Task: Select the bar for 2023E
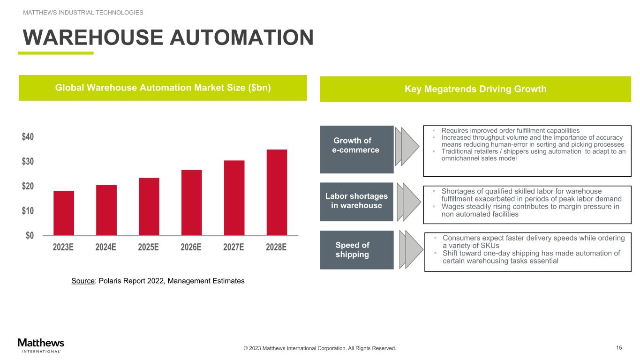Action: click(64, 213)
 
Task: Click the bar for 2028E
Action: click(277, 192)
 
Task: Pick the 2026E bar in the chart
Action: click(191, 202)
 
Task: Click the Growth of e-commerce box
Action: click(356, 150)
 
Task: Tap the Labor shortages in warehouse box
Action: click(356, 202)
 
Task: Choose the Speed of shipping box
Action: click(356, 250)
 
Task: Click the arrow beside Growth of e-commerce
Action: click(407, 146)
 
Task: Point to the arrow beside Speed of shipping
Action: click(411, 250)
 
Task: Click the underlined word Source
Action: click(83, 281)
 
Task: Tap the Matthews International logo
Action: click(41, 345)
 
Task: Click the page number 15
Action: click(619, 348)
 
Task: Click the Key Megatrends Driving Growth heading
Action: click(475, 89)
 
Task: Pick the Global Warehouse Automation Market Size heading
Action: click(163, 88)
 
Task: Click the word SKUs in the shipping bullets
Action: click(490, 246)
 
